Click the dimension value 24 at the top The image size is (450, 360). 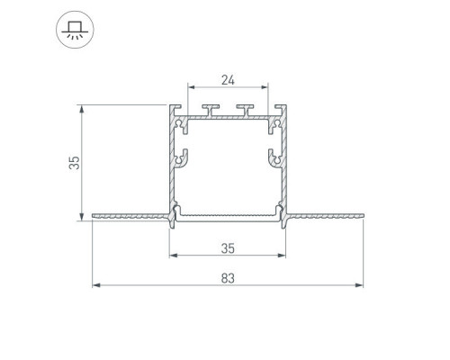tap(228, 80)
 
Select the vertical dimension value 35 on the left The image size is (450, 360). tap(74, 163)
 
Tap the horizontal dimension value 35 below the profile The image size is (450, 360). tap(228, 248)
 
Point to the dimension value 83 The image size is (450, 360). tap(228, 278)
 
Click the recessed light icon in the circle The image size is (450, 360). tap(75, 30)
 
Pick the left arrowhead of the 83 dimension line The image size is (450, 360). tap(96, 285)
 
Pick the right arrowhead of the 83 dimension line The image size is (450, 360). tap(359, 285)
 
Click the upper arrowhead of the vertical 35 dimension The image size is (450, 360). tap(82, 109)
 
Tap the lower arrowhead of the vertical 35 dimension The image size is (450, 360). tap(82, 217)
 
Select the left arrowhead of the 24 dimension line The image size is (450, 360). tap(192, 87)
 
